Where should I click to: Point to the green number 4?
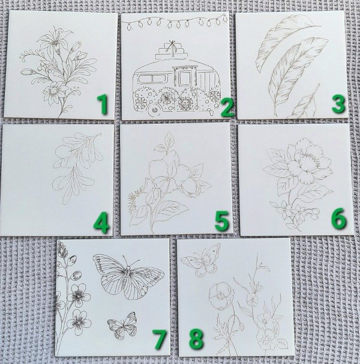101,222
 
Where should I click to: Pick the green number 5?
222,221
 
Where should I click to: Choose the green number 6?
338,218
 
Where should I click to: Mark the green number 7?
160,340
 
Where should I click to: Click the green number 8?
196,339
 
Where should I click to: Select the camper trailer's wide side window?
152,79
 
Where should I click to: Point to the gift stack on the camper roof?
172,50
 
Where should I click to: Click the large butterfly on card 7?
128,276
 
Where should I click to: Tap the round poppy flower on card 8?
220,296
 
